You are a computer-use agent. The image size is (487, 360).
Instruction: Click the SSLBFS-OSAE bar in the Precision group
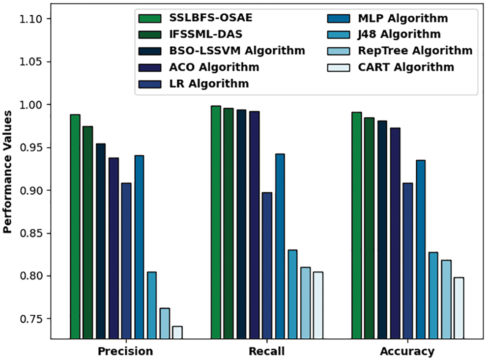coord(75,226)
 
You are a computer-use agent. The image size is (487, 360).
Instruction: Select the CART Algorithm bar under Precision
coord(177,332)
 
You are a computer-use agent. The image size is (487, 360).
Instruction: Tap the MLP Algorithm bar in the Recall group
coord(280,246)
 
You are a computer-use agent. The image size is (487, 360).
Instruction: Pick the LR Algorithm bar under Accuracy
coord(407,261)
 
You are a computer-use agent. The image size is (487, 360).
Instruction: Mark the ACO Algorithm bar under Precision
coord(114,248)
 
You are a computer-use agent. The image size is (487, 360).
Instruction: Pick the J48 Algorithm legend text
coord(399,34)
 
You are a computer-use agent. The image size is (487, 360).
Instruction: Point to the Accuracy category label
coord(407,351)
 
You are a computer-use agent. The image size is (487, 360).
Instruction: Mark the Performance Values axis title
coord(8,179)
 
